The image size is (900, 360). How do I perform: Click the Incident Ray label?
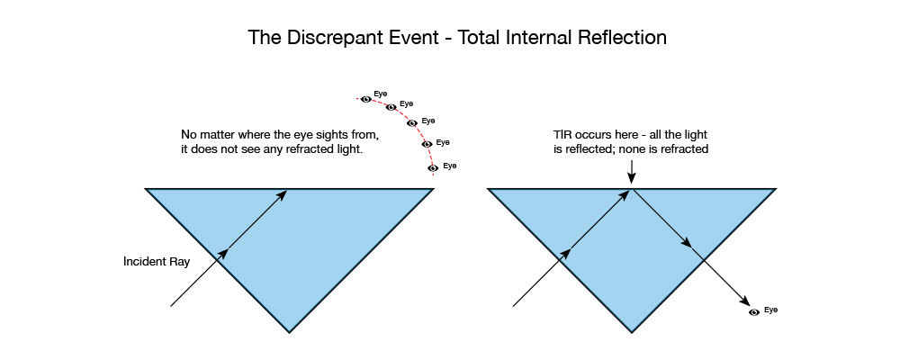point(157,263)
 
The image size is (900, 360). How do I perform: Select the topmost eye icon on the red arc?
point(366,99)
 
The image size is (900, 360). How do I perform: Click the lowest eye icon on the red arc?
point(434,167)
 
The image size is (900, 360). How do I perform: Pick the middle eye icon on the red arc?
point(411,123)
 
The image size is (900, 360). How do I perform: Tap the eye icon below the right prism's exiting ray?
point(754,311)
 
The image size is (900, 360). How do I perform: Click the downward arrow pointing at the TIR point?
point(632,172)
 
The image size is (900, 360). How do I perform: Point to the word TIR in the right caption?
point(561,136)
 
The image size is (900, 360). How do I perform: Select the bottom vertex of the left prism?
point(289,332)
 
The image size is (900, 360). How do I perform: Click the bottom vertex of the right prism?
point(632,332)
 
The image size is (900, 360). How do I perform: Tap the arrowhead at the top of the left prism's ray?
point(282,195)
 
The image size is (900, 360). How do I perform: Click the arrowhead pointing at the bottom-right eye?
point(745,301)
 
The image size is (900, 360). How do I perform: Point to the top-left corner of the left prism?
point(146,188)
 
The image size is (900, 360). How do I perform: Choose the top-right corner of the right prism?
point(775,188)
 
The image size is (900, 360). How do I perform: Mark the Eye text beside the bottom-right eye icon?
point(771,310)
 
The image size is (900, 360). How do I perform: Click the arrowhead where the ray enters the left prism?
point(223,254)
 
